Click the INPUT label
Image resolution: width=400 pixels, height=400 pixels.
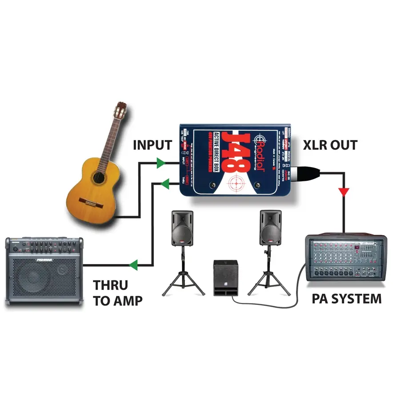click(x=152, y=145)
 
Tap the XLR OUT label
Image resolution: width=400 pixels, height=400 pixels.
click(x=330, y=145)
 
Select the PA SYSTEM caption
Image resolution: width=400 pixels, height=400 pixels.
click(x=346, y=298)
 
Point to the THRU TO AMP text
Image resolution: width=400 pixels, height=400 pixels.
click(x=117, y=292)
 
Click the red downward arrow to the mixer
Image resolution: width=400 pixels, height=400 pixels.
click(x=344, y=192)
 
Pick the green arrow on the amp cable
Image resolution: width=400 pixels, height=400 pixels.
click(x=133, y=265)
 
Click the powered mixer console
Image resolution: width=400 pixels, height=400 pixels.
click(x=345, y=258)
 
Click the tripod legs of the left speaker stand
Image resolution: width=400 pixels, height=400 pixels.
click(x=183, y=282)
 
